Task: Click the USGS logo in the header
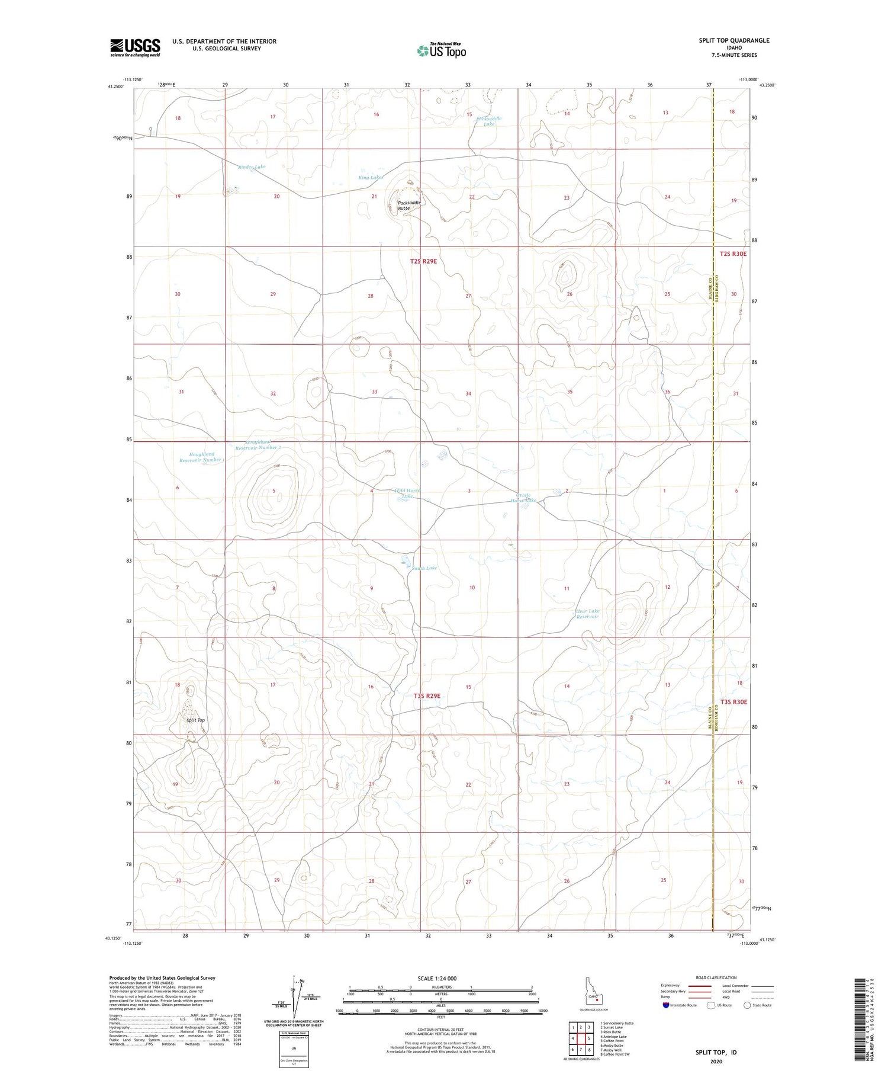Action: point(135,47)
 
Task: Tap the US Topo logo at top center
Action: point(441,50)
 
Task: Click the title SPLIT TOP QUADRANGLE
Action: point(734,40)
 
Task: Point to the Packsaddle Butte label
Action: point(408,206)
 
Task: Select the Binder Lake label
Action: point(252,167)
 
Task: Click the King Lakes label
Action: point(371,178)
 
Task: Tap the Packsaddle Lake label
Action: point(489,121)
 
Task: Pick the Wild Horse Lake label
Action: point(407,493)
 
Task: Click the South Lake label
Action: point(424,568)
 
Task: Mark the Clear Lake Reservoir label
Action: point(587,614)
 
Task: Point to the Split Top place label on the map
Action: point(195,720)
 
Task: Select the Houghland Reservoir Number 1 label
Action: point(201,457)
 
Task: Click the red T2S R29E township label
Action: point(423,261)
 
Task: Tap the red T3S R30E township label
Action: point(733,702)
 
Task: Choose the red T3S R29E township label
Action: point(427,696)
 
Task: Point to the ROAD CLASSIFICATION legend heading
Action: point(716,977)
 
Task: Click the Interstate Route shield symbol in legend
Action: point(665,1005)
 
